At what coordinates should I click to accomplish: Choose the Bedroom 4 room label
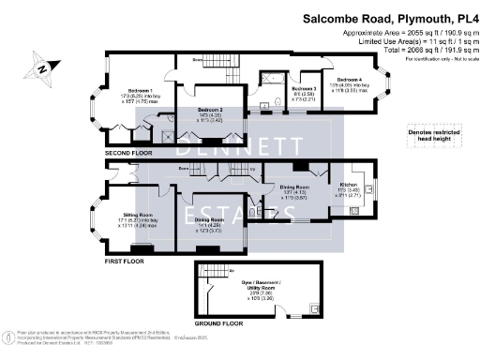pos(349,79)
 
